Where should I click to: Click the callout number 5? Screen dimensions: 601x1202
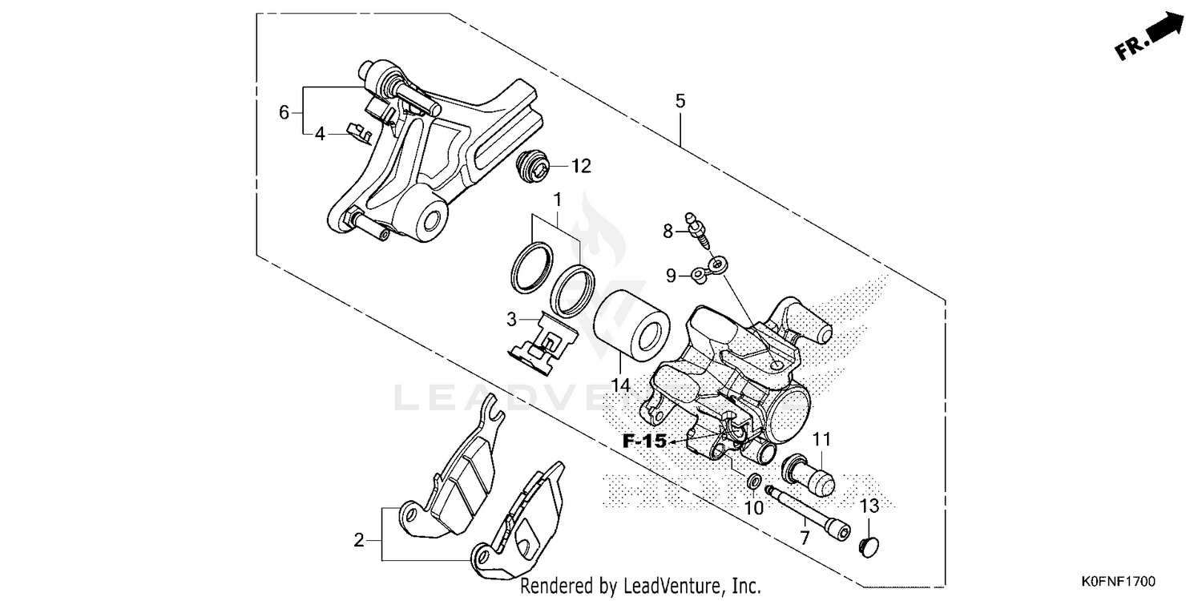point(680,101)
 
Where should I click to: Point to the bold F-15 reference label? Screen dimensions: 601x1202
point(645,441)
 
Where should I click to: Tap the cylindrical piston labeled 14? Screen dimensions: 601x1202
point(631,326)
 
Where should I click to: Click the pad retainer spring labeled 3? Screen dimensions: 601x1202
point(547,344)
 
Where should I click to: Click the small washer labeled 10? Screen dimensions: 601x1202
point(753,482)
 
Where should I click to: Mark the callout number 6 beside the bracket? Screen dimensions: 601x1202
point(284,112)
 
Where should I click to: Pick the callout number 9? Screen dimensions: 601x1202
point(671,276)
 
